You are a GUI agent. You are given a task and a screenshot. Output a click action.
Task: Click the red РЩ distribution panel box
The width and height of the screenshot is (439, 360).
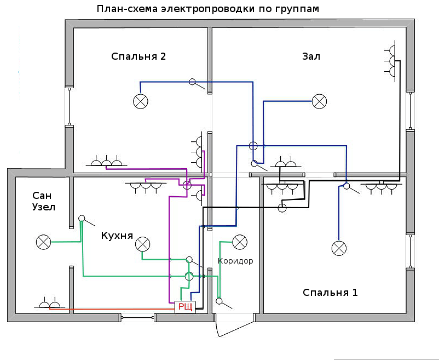[184, 307]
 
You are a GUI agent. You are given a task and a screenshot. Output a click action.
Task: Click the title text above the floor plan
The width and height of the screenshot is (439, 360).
[208, 9]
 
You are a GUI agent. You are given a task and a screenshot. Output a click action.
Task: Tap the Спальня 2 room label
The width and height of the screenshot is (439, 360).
[138, 56]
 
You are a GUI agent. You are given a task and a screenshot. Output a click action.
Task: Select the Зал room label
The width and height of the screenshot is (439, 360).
[311, 56]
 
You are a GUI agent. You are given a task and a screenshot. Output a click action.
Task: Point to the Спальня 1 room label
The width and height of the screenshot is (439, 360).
[330, 292]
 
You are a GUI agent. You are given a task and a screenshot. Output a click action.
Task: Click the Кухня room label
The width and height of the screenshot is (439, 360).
[117, 236]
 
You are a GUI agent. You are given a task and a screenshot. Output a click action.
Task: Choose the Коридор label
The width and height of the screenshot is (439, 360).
[235, 261]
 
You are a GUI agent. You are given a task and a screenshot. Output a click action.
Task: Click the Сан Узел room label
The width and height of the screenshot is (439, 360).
[44, 201]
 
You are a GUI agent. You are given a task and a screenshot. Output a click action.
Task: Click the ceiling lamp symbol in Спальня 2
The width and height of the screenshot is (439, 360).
[141, 101]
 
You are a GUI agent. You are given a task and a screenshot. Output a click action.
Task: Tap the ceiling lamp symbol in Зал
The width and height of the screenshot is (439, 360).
[319, 101]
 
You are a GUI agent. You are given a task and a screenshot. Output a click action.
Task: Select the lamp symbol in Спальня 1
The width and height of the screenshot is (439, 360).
[339, 248]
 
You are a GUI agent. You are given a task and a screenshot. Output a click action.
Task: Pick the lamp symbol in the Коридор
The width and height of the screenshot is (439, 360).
[240, 242]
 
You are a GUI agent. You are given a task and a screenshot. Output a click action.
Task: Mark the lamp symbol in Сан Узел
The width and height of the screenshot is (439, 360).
[43, 242]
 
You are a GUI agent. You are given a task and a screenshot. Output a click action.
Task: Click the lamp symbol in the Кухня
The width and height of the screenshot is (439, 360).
[142, 243]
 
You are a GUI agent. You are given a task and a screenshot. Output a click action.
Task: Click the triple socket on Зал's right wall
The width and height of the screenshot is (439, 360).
[391, 61]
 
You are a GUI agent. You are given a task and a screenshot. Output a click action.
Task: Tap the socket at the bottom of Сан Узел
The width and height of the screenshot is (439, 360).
[50, 303]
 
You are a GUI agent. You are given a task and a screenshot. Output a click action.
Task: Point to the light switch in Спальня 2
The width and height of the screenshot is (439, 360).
[193, 82]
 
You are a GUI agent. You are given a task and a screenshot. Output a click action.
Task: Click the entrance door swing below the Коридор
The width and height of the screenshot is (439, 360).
[233, 328]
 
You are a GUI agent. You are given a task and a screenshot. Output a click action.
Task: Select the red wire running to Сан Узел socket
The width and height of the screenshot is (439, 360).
[109, 309]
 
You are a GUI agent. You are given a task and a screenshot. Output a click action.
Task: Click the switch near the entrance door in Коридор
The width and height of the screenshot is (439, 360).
[220, 301]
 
